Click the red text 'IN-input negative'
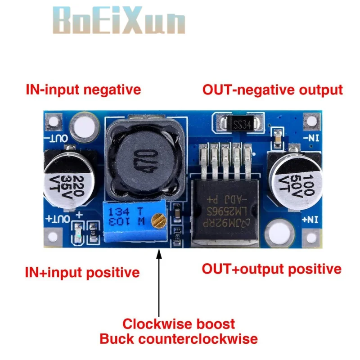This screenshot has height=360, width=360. point(83,90)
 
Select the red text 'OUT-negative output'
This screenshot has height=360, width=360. point(272,90)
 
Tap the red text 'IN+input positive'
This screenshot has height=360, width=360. point(82,272)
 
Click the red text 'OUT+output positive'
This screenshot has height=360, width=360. point(271,269)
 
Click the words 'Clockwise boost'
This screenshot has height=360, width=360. point(179,324)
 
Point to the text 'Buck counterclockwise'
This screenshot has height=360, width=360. point(179,338)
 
